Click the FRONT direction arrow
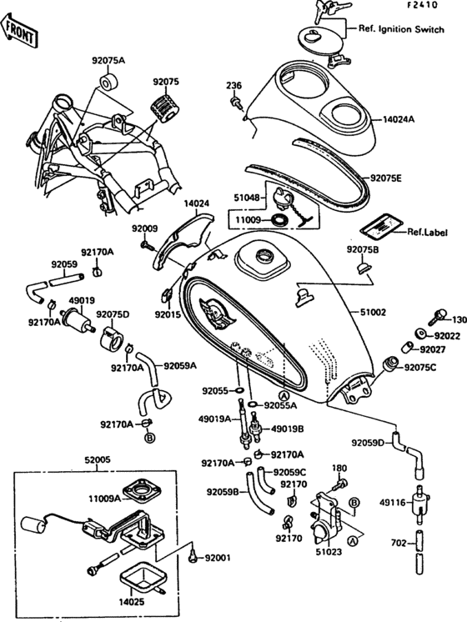pyautogui.click(x=20, y=31)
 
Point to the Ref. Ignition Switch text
pyautogui.click(x=402, y=30)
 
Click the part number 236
pyautogui.click(x=233, y=85)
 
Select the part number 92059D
pyautogui.click(x=367, y=443)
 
